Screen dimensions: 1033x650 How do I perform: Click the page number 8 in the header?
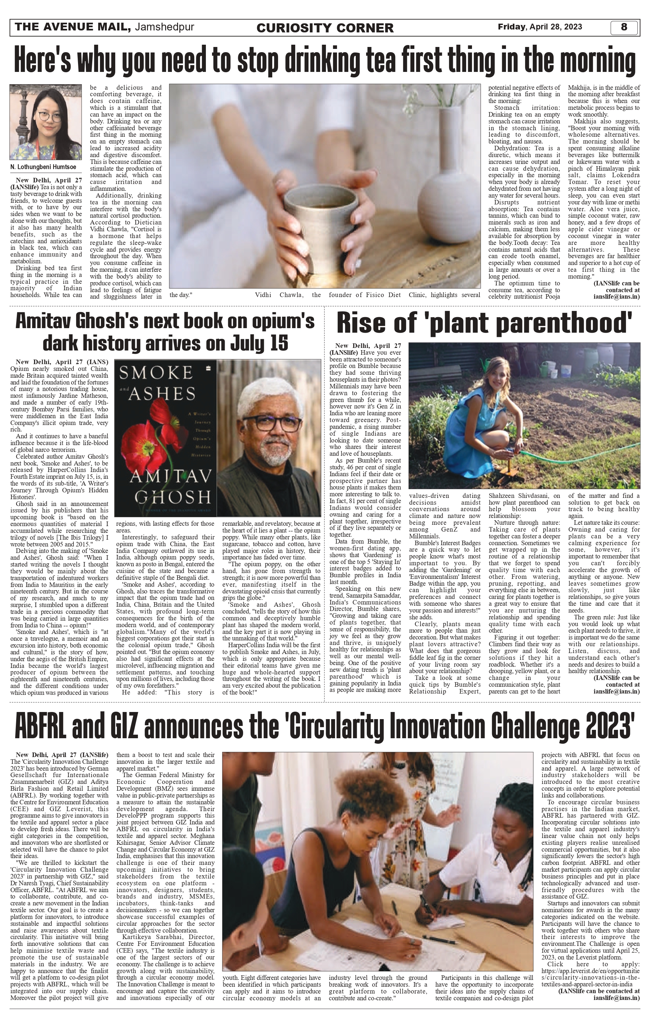tap(624, 27)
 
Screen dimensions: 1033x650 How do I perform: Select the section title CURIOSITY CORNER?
tap(325, 28)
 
